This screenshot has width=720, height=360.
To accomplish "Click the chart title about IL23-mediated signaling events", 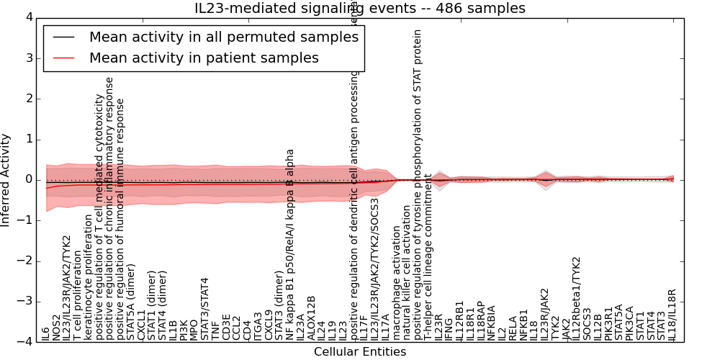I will click(x=360, y=9).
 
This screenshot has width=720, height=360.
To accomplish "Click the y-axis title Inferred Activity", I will click(x=6, y=180).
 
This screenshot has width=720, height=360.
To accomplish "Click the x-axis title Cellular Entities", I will click(x=360, y=352).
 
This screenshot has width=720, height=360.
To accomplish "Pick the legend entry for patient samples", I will click(x=204, y=58).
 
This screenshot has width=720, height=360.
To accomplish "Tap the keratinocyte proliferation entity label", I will click(x=89, y=280).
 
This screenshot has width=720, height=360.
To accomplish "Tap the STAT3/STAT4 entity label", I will click(x=205, y=310).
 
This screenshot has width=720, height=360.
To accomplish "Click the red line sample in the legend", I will click(x=63, y=58).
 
